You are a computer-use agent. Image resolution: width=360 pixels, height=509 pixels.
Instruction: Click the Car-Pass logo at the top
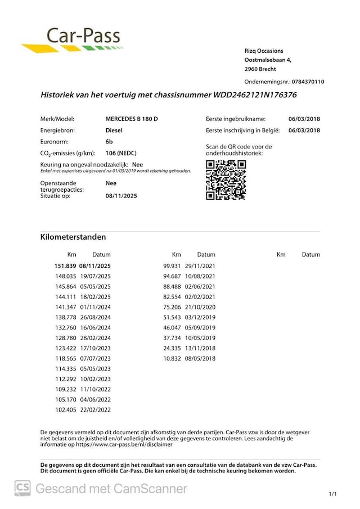(x=72, y=39)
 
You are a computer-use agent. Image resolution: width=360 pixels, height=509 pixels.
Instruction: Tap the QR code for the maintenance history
(x=226, y=180)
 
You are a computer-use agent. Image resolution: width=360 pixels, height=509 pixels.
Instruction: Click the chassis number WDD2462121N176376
(x=255, y=95)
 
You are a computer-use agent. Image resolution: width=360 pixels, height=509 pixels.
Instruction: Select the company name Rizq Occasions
(x=264, y=51)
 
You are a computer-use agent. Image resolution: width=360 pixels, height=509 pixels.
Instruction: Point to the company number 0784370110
(x=304, y=82)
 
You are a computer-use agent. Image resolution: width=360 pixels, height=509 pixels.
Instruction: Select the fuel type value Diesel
(x=114, y=130)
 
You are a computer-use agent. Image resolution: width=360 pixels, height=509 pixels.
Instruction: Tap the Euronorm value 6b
(x=109, y=142)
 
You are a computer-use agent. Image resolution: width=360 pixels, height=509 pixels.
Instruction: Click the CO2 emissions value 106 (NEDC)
(x=121, y=153)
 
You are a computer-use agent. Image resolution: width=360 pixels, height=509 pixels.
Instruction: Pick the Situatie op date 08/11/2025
(x=121, y=196)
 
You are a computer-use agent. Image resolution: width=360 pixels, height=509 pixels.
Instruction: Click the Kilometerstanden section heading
(x=73, y=237)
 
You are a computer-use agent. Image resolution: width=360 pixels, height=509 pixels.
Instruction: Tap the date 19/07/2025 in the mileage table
(x=95, y=276)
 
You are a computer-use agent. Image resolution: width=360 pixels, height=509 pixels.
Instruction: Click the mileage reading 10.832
(x=173, y=358)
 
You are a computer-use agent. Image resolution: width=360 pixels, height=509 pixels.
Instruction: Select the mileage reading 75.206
(x=173, y=307)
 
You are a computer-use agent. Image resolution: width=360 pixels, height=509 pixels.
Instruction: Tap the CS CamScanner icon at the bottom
(x=22, y=488)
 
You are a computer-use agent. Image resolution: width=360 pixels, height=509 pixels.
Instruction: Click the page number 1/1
(x=332, y=494)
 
